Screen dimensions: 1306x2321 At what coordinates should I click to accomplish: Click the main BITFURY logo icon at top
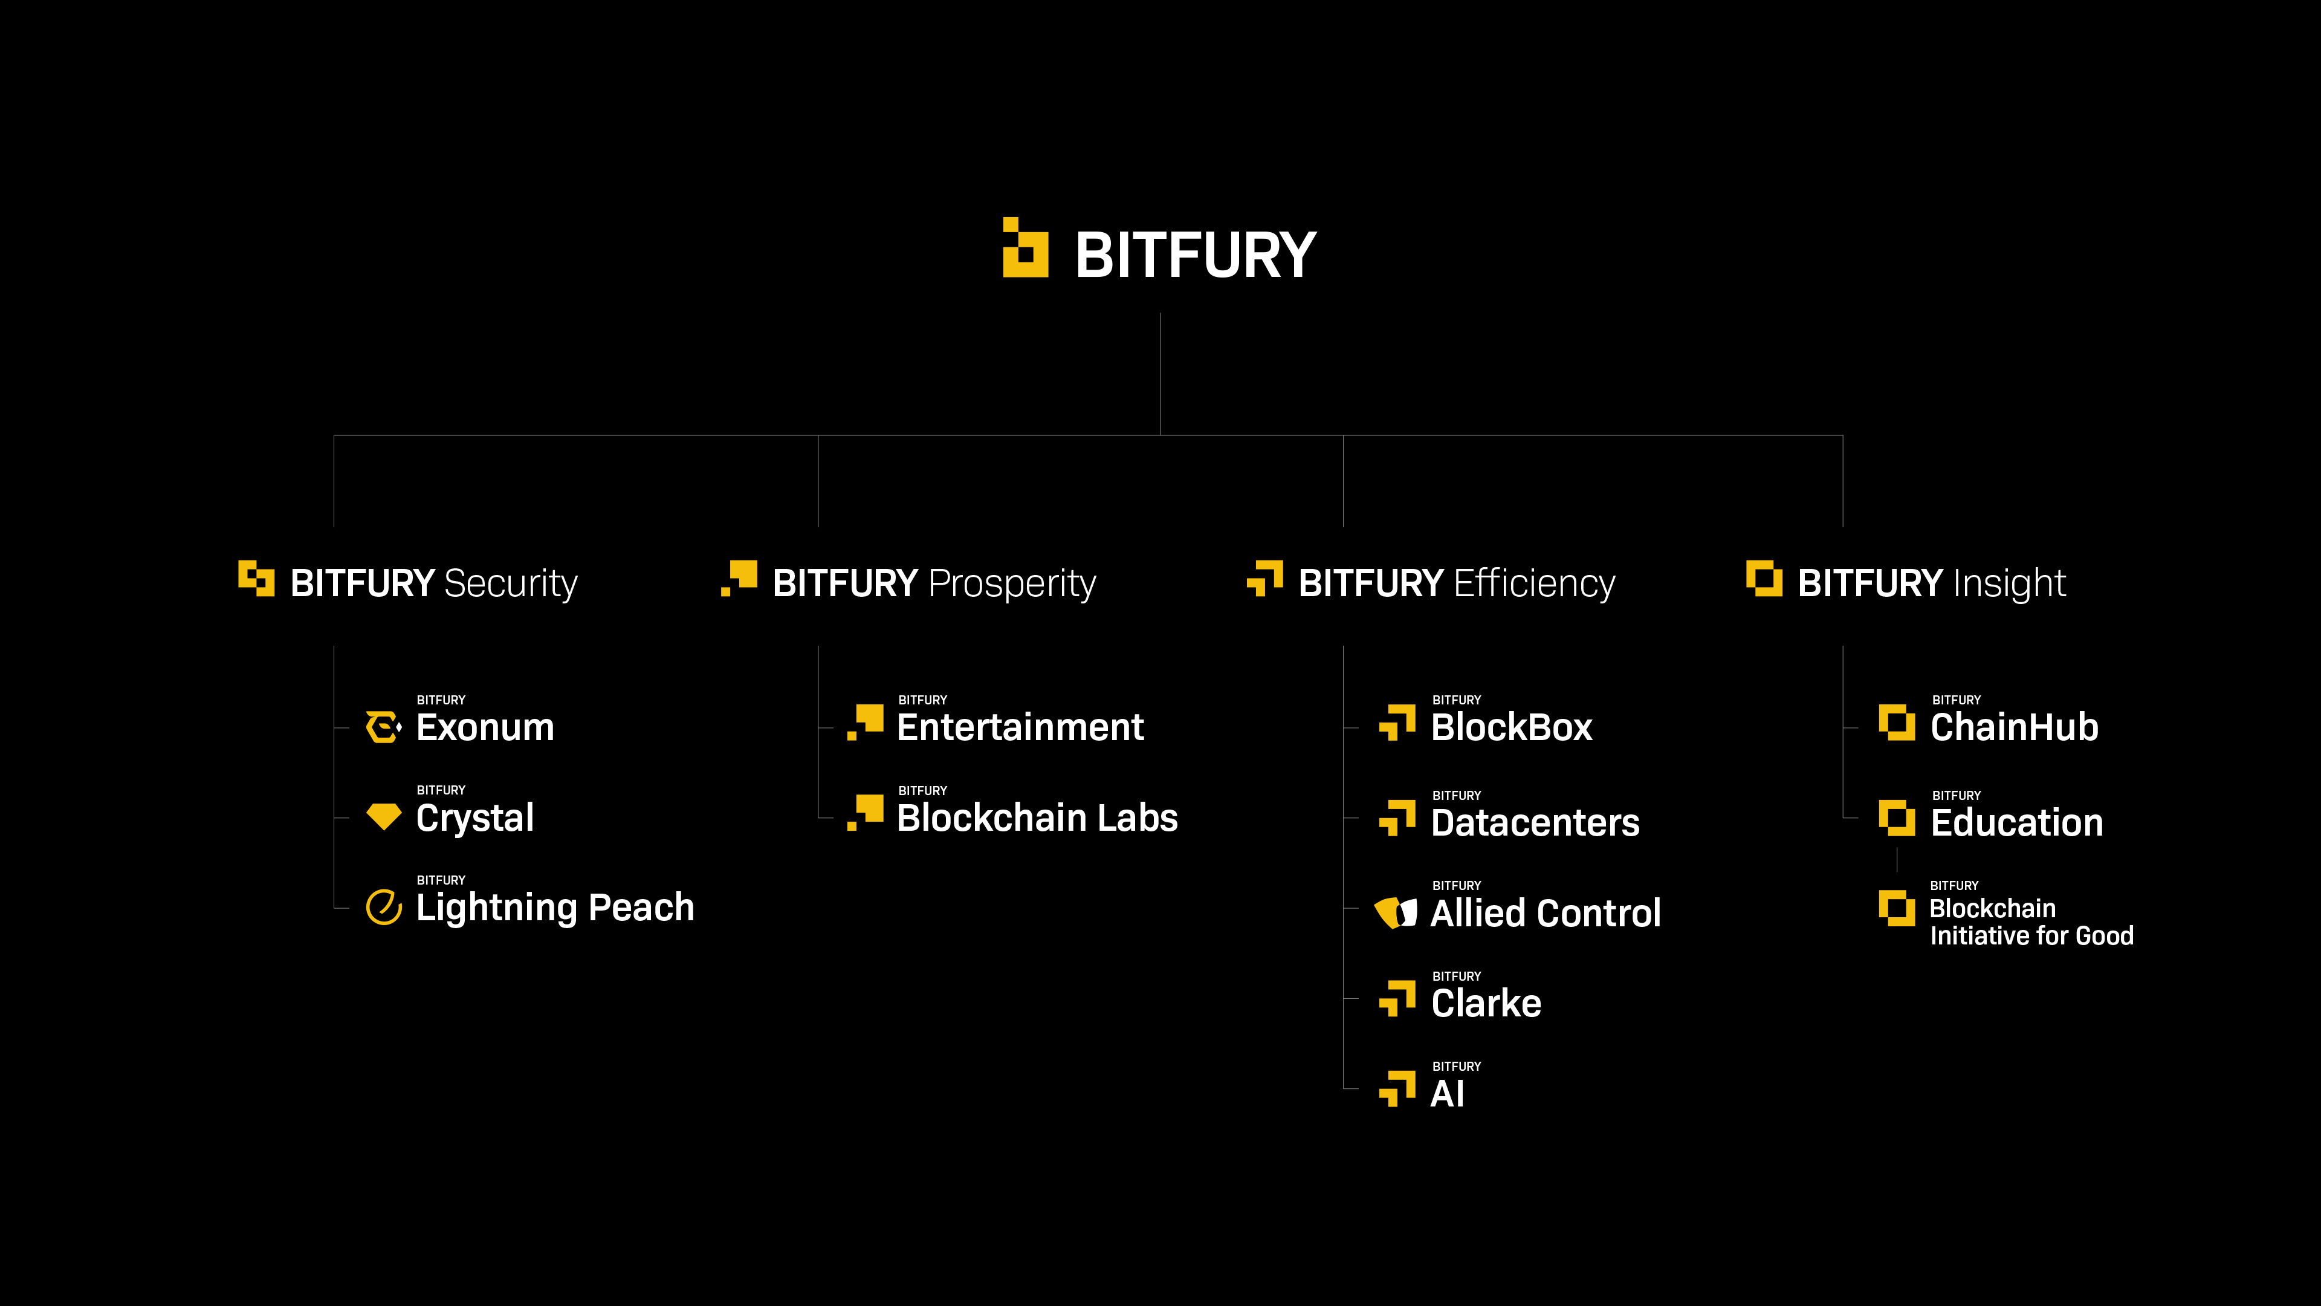click(x=1025, y=248)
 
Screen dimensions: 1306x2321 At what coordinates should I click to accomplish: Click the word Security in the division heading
click(x=510, y=583)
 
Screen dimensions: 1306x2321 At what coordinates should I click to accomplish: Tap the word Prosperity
click(x=1012, y=583)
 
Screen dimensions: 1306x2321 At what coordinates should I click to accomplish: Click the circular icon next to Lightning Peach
click(x=384, y=907)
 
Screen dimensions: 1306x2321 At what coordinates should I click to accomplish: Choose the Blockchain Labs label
click(x=1037, y=817)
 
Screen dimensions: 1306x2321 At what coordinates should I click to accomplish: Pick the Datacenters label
click(x=1535, y=823)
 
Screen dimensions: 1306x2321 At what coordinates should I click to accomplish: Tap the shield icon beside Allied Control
click(x=1396, y=912)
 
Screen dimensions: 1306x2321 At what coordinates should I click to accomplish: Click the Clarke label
click(x=1486, y=1003)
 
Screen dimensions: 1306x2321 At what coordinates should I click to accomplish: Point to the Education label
click(x=2016, y=823)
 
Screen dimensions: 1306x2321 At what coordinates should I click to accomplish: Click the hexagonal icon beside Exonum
click(x=384, y=726)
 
